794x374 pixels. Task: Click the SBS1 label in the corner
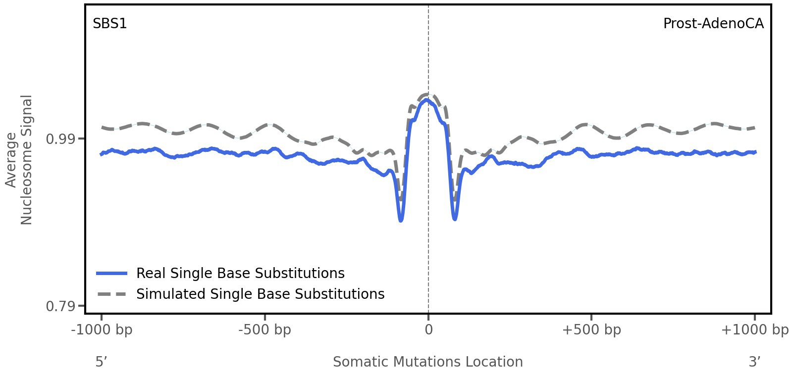click(109, 23)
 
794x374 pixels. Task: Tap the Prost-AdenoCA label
click(713, 23)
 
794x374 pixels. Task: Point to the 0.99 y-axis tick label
click(58, 139)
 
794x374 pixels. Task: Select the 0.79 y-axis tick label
click(58, 307)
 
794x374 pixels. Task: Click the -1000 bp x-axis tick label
click(102, 330)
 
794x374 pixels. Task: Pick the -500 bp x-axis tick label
click(265, 330)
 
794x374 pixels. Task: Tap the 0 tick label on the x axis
click(428, 330)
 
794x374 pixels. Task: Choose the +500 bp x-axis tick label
click(591, 330)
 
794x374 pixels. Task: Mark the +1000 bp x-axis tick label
click(754, 330)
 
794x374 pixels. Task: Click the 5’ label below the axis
click(101, 362)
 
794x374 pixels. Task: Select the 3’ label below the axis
click(754, 362)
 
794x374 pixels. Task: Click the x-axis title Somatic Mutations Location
click(427, 362)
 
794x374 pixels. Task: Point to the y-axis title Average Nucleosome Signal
click(19, 159)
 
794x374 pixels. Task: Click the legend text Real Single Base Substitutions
click(240, 273)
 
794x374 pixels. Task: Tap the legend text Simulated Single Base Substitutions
click(260, 294)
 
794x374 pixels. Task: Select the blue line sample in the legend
click(112, 273)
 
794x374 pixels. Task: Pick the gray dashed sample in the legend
click(112, 294)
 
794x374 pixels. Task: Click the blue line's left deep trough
click(401, 220)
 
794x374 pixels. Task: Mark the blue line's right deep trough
click(455, 218)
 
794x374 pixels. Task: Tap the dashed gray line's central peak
click(427, 94)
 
